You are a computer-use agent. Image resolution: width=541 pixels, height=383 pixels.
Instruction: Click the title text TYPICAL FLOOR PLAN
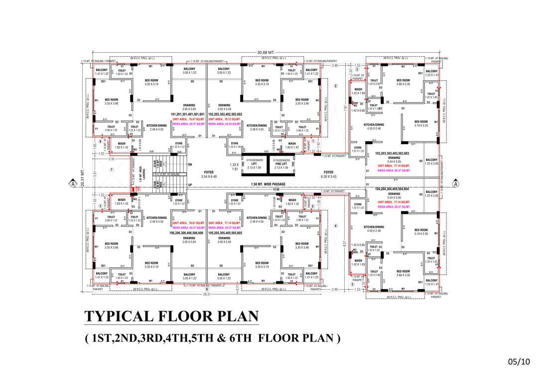coord(172,316)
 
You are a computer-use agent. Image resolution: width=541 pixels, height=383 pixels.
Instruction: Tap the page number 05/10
coord(518,361)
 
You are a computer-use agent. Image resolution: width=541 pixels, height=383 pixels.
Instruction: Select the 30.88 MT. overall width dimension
coord(266,52)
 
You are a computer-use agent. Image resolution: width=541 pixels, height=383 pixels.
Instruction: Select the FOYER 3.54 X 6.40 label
coord(209,174)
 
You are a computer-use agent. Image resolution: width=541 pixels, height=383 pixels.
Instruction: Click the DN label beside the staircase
coord(190,164)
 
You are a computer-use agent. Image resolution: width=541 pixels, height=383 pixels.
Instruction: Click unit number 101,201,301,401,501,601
coord(188,114)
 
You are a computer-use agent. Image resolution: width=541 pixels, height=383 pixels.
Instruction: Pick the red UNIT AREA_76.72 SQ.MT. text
coord(224,119)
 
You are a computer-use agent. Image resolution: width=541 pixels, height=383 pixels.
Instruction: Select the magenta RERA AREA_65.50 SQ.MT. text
coord(224,124)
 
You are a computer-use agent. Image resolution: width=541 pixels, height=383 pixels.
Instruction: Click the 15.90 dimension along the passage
coord(275,189)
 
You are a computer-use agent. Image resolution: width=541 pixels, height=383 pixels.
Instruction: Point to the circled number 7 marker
coord(112,170)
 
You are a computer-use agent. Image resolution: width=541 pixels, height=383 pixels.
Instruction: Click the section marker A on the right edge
coord(455,184)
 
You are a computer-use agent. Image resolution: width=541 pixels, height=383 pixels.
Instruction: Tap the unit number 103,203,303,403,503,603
coord(392,153)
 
